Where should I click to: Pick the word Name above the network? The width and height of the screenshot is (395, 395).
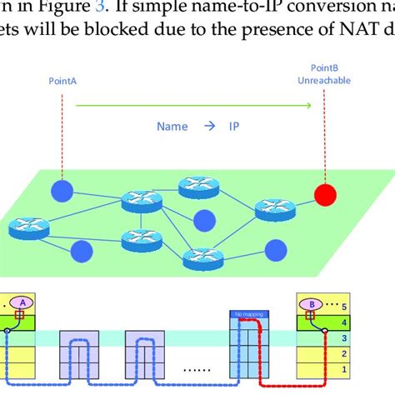point(172,127)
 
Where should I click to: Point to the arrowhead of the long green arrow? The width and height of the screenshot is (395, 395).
point(309,106)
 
